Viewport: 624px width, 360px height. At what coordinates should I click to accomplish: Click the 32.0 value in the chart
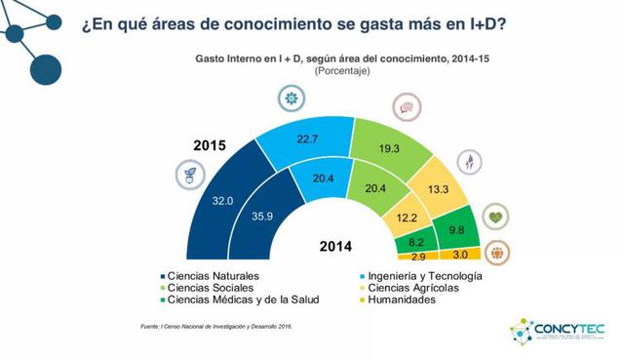click(223, 201)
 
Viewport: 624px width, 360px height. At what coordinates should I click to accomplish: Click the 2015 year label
click(209, 146)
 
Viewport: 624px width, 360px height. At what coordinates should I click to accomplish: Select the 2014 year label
click(336, 245)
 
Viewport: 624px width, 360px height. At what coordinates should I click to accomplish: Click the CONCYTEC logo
click(561, 330)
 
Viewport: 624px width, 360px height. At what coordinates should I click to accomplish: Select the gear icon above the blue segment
click(289, 98)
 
